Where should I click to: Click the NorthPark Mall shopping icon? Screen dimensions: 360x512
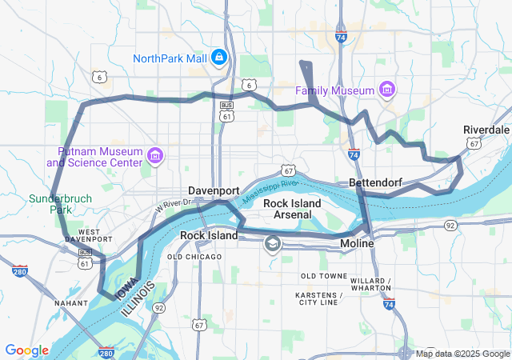218,58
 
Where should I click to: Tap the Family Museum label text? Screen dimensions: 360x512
336,89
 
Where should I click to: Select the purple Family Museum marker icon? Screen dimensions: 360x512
387,88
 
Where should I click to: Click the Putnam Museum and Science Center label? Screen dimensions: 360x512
99,158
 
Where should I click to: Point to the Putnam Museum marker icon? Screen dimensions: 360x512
154,154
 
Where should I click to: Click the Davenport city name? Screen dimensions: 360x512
214,190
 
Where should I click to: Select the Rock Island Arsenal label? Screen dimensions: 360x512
292,209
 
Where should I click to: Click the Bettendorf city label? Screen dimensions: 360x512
375,183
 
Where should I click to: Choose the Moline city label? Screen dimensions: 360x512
358,242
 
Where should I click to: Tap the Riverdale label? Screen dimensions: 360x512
486,130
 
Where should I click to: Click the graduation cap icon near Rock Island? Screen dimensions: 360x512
273,242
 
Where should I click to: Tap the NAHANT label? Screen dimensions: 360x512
71,303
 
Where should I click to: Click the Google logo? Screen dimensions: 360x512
26,350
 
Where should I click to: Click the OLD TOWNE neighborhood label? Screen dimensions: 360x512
322,276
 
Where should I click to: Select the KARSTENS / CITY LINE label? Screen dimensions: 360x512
318,299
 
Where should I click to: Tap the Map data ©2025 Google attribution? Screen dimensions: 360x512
462,354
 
